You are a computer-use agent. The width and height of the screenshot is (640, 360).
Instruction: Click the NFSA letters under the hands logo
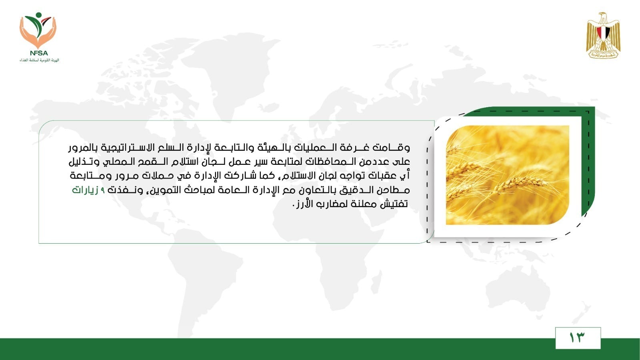[x=39, y=53]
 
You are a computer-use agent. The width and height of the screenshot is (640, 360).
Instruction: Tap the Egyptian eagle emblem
[x=603, y=36]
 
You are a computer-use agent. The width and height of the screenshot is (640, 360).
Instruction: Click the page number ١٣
[x=577, y=338]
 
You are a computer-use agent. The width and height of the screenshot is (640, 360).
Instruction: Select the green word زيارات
[x=85, y=190]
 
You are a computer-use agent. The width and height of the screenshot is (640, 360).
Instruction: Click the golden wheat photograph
[x=508, y=175]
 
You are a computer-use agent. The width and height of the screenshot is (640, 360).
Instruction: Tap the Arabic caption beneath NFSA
[x=39, y=60]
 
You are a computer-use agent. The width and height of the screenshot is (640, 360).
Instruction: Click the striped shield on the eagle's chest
[x=603, y=33]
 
